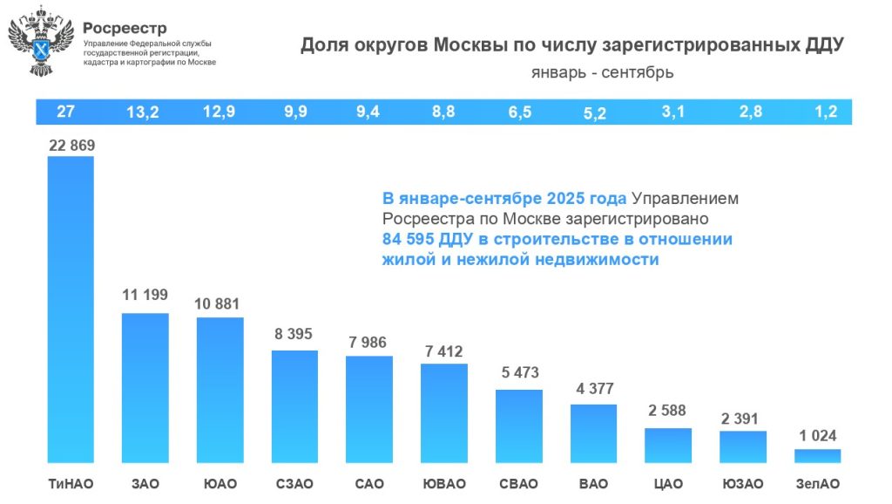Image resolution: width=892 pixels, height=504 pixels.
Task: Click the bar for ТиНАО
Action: (71, 310)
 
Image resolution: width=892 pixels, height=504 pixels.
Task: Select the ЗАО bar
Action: (145, 387)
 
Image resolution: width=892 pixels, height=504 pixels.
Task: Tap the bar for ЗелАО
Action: (818, 456)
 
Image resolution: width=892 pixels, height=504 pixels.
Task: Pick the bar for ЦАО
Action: (668, 445)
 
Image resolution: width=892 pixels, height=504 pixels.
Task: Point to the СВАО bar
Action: (519, 426)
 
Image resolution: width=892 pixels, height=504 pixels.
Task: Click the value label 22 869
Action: (71, 146)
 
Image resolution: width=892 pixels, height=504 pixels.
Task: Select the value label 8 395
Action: (294, 336)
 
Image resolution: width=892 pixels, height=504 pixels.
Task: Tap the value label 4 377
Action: (594, 389)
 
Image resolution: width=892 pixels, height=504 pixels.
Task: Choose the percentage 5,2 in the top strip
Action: (594, 113)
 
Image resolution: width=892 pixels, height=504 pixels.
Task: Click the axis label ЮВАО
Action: (443, 484)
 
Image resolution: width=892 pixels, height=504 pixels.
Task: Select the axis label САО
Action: (369, 484)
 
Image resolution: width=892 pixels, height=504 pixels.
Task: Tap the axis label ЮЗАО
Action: (743, 484)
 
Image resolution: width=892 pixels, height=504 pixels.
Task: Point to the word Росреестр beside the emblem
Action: (125, 28)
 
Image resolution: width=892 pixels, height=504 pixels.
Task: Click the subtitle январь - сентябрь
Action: (602, 72)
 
